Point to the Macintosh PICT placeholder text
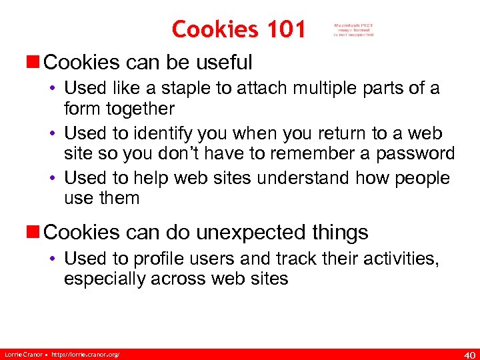coord(354,29)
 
